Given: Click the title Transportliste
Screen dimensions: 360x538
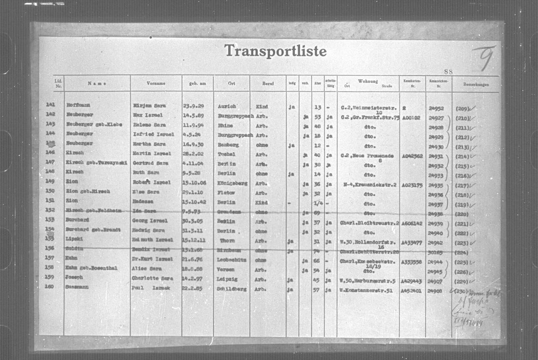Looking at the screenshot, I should [275, 51].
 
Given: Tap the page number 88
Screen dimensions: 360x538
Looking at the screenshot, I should [448, 71].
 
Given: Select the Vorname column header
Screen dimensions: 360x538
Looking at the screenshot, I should [156, 83].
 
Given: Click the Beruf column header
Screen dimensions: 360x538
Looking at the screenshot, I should [268, 84].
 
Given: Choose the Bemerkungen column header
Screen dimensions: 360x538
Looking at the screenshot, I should [476, 84].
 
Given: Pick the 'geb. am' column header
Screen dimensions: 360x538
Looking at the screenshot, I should [197, 83].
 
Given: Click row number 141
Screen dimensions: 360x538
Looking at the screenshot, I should [50, 105].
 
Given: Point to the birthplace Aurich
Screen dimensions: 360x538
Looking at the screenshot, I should [227, 106].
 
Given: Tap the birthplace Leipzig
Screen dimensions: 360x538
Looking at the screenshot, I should [227, 279].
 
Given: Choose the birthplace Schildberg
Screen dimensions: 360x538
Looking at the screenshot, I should [232, 289].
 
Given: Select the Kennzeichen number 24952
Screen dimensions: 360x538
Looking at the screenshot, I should [436, 108].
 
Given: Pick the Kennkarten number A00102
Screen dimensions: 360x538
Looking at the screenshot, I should [411, 118].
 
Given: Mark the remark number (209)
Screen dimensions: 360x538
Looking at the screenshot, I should [462, 108].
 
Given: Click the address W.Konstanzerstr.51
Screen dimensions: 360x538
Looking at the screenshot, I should [368, 289].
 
